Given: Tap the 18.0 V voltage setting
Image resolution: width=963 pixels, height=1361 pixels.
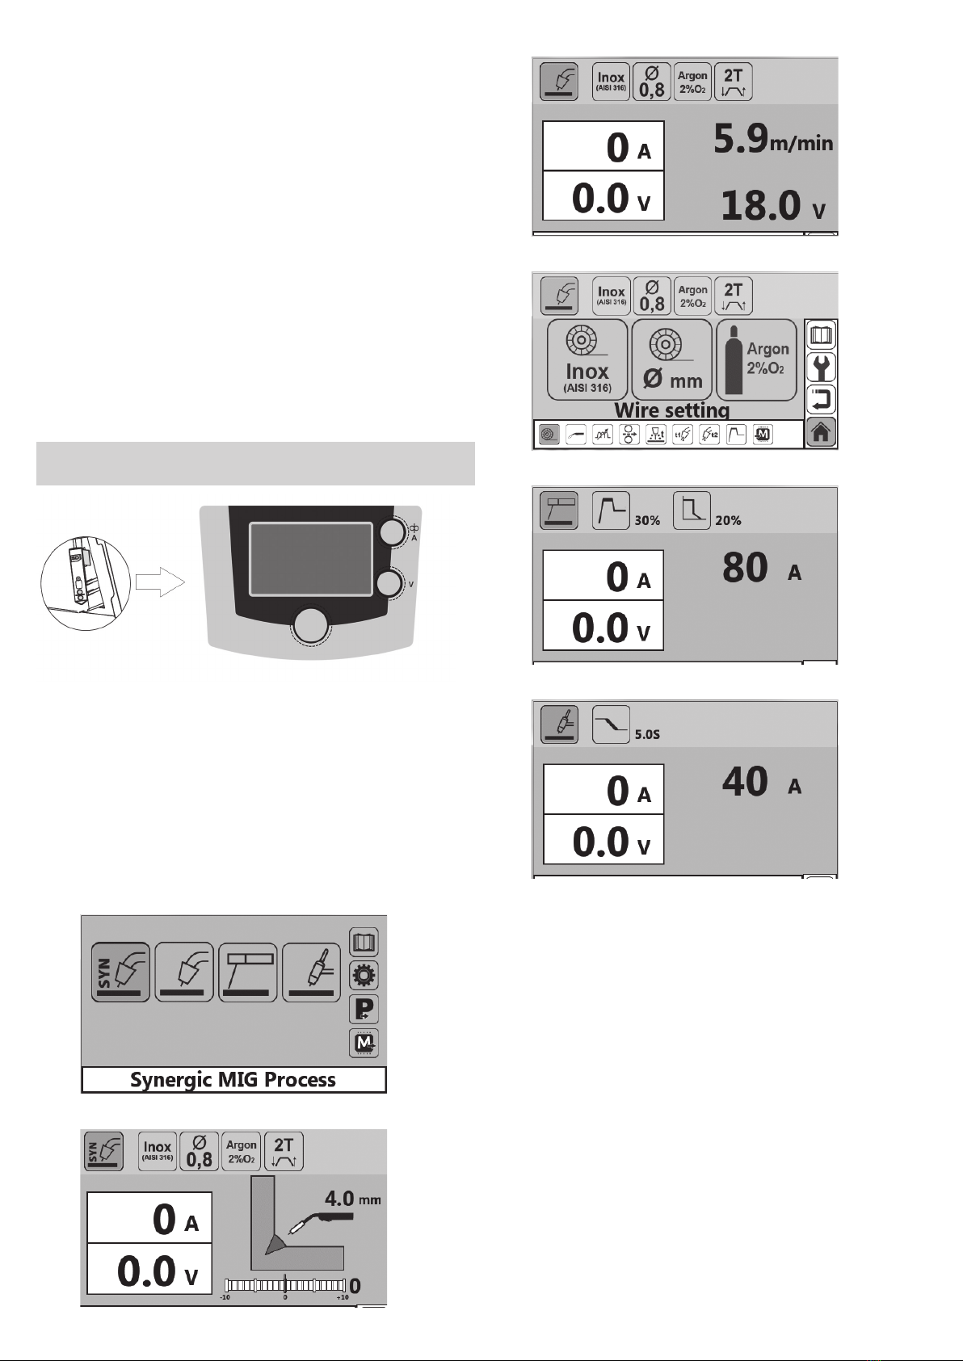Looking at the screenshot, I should [x=772, y=205].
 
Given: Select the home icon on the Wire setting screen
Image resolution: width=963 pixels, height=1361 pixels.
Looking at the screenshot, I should [x=821, y=433].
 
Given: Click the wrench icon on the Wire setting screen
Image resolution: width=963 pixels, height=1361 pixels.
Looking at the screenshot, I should [x=821, y=368].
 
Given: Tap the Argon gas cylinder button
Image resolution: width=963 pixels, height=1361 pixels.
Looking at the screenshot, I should [x=756, y=359].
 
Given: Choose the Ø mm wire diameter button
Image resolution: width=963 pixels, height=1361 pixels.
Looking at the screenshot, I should [x=671, y=359].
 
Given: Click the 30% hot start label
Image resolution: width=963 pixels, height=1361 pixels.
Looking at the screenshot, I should [x=647, y=521].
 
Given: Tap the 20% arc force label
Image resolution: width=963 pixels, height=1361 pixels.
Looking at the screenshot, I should [x=728, y=521].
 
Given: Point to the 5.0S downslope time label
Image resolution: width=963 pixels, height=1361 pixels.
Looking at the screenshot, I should [x=646, y=735].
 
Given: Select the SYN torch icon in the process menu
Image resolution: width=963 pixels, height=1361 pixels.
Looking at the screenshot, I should [x=120, y=972].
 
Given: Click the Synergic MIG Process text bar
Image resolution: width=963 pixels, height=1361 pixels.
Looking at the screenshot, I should [x=233, y=1080].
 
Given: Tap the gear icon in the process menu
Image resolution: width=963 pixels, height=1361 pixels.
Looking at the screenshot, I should [x=364, y=976].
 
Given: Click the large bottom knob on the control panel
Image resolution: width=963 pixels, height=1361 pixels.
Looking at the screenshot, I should [x=312, y=626].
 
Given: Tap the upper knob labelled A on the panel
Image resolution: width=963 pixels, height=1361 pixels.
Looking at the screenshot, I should [x=393, y=532].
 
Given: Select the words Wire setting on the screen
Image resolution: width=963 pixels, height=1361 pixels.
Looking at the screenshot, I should [x=671, y=410].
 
